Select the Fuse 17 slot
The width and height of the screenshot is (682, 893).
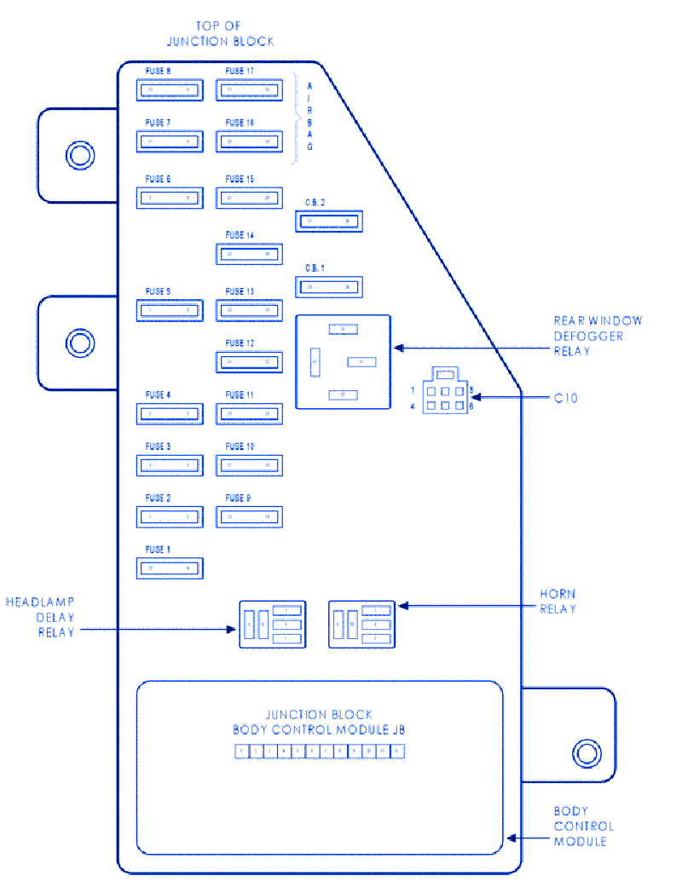pyautogui.click(x=249, y=89)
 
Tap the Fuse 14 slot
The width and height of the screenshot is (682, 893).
pyautogui.click(x=249, y=254)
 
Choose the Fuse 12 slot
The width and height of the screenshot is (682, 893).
pyautogui.click(x=249, y=362)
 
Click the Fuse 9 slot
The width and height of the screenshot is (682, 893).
pyautogui.click(x=249, y=516)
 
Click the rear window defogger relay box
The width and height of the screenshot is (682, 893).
pyautogui.click(x=342, y=361)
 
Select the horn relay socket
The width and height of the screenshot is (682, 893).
pyautogui.click(x=362, y=624)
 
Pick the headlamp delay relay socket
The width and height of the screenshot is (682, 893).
pyautogui.click(x=271, y=624)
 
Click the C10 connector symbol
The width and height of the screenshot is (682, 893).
pyautogui.click(x=445, y=393)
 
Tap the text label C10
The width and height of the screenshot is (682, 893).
pyautogui.click(x=565, y=398)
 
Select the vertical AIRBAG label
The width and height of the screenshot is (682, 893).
pyautogui.click(x=309, y=116)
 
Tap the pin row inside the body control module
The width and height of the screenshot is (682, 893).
pyautogui.click(x=319, y=751)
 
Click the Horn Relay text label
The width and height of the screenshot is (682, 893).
pyautogui.click(x=558, y=601)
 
